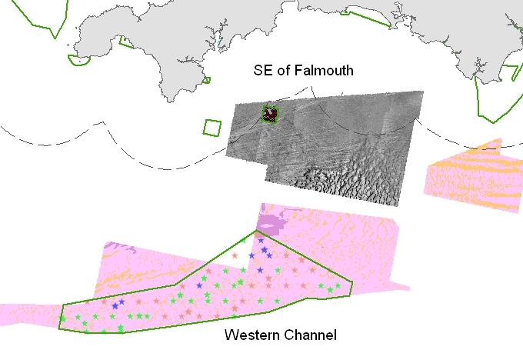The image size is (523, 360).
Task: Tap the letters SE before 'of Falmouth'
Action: [263, 71]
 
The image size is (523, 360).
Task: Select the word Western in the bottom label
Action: [249, 335]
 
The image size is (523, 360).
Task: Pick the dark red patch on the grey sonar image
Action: [269, 115]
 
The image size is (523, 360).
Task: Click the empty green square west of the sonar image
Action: [212, 127]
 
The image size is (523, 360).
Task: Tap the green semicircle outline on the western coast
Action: [78, 60]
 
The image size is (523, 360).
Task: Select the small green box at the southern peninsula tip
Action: [205, 80]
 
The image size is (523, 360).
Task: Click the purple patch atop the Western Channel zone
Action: [270, 223]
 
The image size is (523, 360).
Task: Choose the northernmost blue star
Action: [261, 241]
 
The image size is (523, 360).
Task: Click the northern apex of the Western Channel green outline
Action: [257, 231]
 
